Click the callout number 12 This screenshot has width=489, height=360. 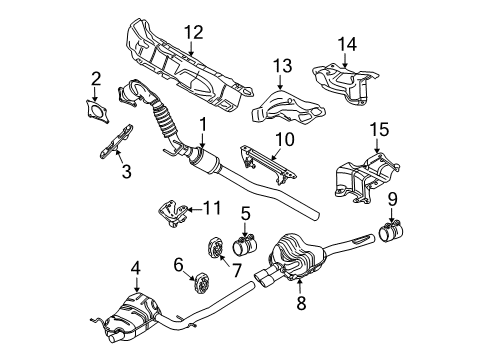click(194, 33)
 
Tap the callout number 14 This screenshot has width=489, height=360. click(347, 44)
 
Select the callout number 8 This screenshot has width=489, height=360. click(301, 303)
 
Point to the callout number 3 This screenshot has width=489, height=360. click(126, 172)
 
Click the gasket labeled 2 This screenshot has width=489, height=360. click(96, 112)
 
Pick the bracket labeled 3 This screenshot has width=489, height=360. click(116, 142)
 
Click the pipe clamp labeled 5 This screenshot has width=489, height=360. click(246, 246)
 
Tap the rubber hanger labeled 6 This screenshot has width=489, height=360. click(203, 283)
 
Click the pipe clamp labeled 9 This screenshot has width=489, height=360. click(391, 232)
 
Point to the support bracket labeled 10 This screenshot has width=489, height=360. click(268, 164)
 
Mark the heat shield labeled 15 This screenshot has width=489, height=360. click(366, 177)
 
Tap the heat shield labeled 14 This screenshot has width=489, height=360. click(347, 83)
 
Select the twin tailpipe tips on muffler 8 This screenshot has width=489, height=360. click(265, 278)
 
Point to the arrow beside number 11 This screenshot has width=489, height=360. click(194, 210)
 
